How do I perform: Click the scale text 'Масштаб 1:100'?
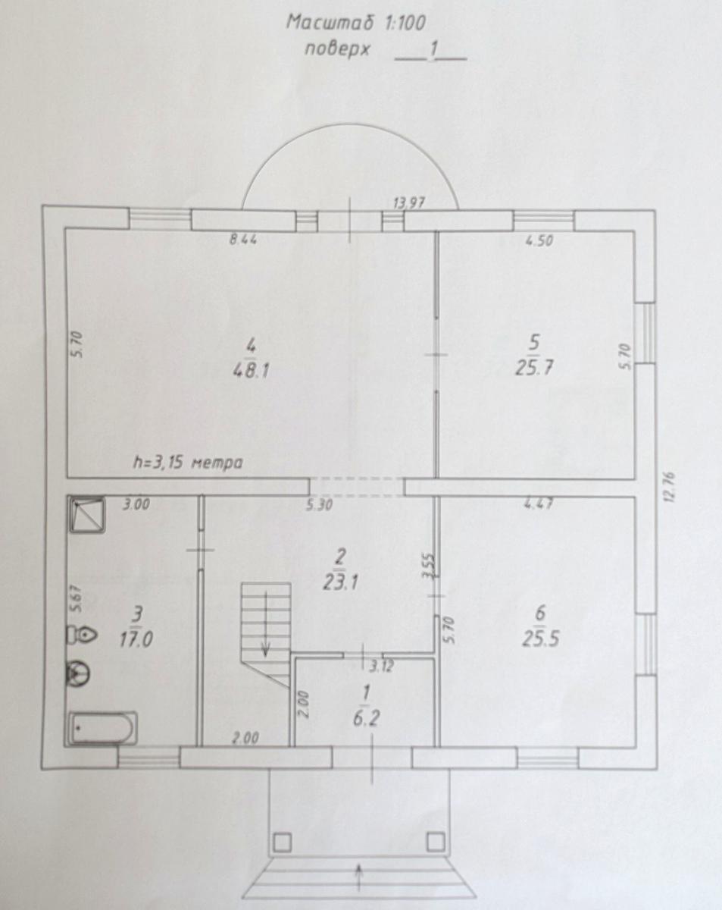(356, 23)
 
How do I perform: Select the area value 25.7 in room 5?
(534, 368)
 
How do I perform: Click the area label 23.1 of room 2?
(340, 583)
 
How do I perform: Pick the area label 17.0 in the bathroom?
(136, 639)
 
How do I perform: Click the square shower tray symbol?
(86, 515)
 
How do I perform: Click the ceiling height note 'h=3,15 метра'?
(188, 462)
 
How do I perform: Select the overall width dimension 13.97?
(408, 203)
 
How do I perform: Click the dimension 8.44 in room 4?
(243, 240)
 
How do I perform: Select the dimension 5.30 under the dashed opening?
(319, 504)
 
